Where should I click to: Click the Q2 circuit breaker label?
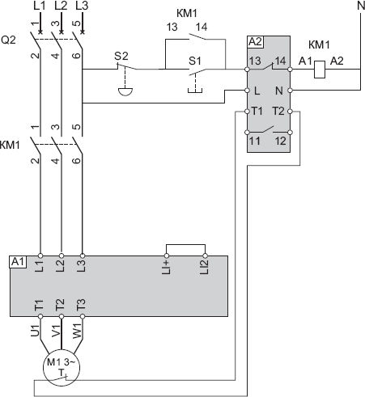point(8,40)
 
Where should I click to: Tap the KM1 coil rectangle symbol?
point(320,70)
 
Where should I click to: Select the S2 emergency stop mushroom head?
point(125,91)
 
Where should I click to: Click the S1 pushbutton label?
point(195,61)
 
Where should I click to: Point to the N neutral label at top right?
point(361,5)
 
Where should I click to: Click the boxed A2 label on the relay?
point(255,42)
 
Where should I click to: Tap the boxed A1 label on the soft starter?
point(19,262)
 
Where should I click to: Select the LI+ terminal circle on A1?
point(167,256)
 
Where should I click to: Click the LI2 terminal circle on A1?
point(205,256)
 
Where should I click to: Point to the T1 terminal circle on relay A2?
point(247,112)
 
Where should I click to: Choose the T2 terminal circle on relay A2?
point(290,112)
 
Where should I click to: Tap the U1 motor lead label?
point(35,331)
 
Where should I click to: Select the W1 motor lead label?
point(77,331)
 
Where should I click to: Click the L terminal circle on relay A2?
point(247,91)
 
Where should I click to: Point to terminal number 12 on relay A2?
point(280,141)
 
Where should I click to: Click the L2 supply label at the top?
point(61,6)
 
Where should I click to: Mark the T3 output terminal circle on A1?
point(83,316)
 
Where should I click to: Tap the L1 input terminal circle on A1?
point(40,256)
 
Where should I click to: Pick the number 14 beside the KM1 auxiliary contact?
point(202,27)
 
